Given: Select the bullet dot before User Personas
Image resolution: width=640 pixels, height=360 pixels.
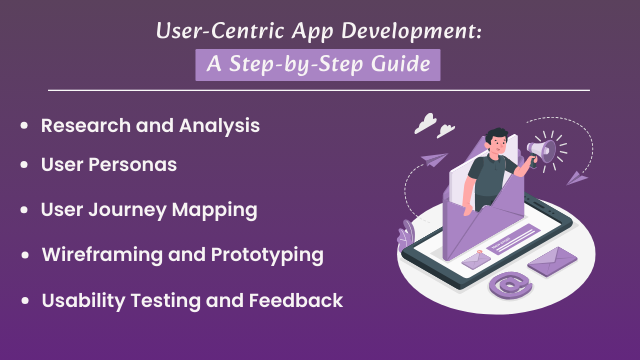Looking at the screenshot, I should click(23, 165).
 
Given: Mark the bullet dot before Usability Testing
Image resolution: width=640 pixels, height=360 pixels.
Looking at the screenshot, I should click(23, 301).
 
